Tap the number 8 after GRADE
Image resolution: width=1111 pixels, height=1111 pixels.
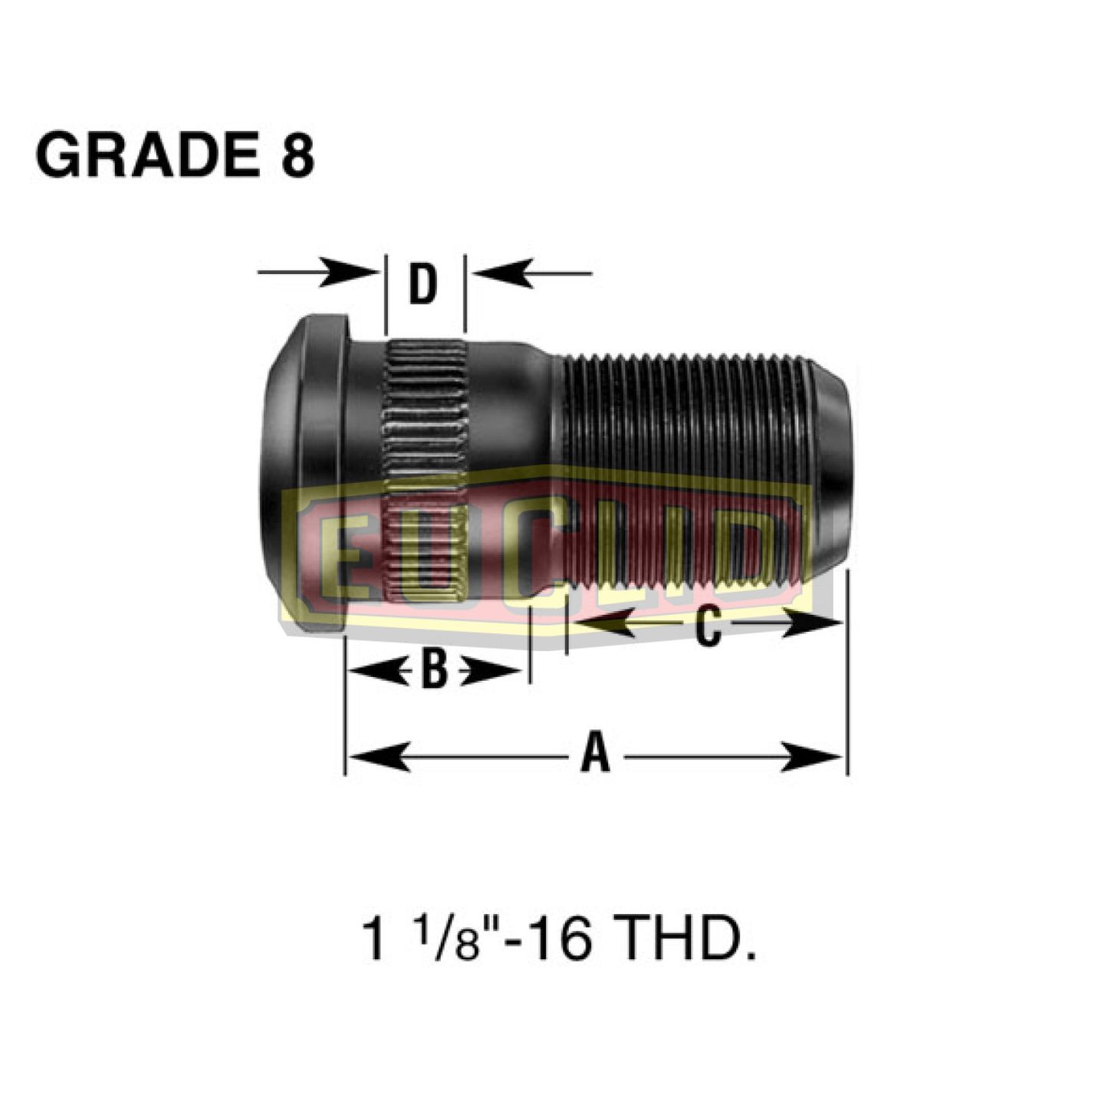(x=296, y=156)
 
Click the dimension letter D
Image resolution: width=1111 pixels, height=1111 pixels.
(x=422, y=284)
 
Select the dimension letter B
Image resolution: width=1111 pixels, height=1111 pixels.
(x=435, y=669)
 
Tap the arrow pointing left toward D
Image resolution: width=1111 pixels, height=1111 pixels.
(x=506, y=272)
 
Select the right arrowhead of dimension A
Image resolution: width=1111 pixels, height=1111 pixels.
(x=813, y=758)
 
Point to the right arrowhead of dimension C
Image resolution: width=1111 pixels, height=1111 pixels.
(x=813, y=623)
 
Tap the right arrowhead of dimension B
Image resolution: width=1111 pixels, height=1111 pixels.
(x=491, y=672)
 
